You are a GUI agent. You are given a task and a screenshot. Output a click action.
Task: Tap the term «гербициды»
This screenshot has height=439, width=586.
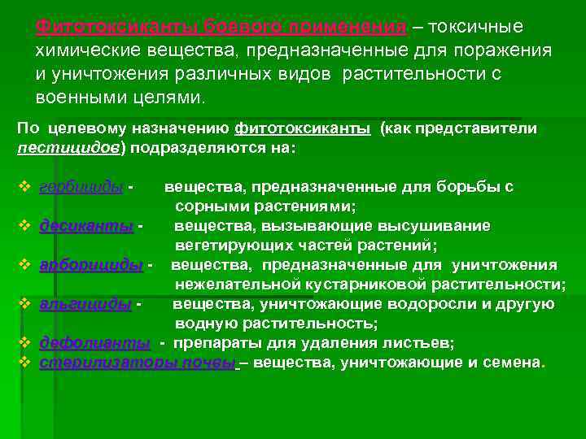coord(81,186)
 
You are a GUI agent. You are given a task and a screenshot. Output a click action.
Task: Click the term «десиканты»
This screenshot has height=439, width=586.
coord(86,225)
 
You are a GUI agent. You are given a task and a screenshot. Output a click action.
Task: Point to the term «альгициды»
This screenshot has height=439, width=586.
coord(85,303)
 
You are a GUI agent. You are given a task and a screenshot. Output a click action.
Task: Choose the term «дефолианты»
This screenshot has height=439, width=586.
coord(94,342)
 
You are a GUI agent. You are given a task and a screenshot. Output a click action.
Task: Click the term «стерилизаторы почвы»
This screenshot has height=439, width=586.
coord(138,362)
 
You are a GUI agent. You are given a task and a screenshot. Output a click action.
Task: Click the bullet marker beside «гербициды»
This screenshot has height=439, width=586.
coord(24,186)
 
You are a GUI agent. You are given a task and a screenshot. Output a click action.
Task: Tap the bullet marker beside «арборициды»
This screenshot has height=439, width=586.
coord(24,264)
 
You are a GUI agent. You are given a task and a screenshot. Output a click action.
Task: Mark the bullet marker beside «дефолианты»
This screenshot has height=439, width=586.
coord(24,342)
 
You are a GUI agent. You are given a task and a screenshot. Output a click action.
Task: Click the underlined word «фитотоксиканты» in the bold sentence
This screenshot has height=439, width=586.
coord(302,128)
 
